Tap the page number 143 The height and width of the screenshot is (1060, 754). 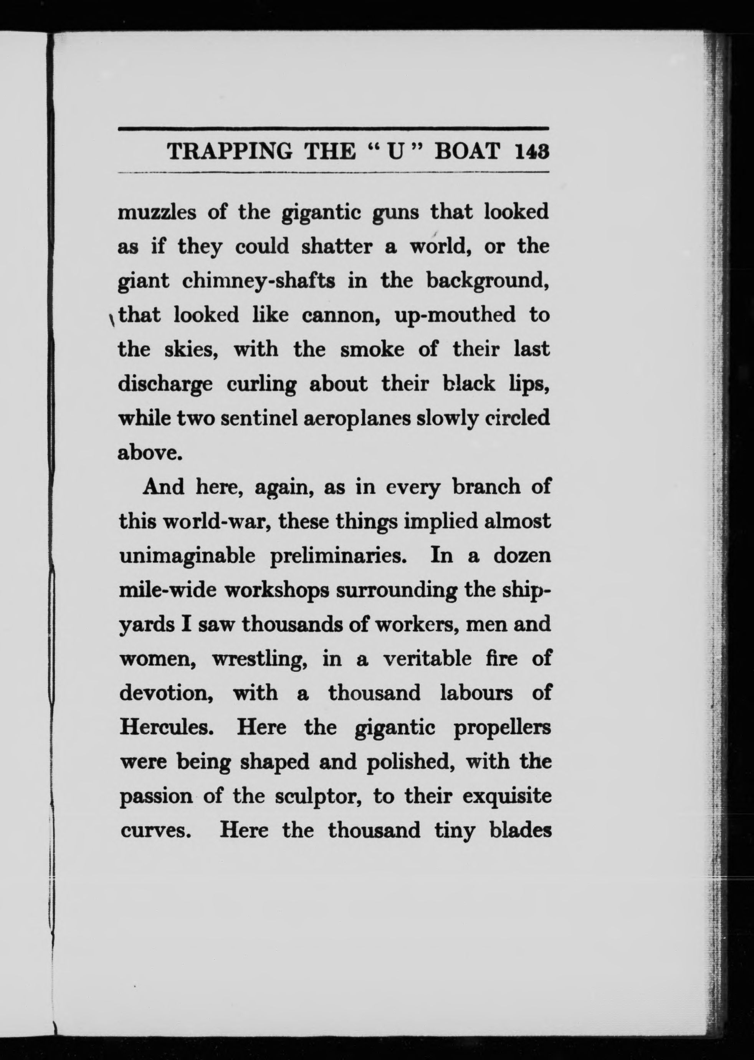532,151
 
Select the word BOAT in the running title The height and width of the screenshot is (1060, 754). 468,151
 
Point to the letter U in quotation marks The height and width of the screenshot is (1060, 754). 394,152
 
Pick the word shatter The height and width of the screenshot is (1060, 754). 337,246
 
